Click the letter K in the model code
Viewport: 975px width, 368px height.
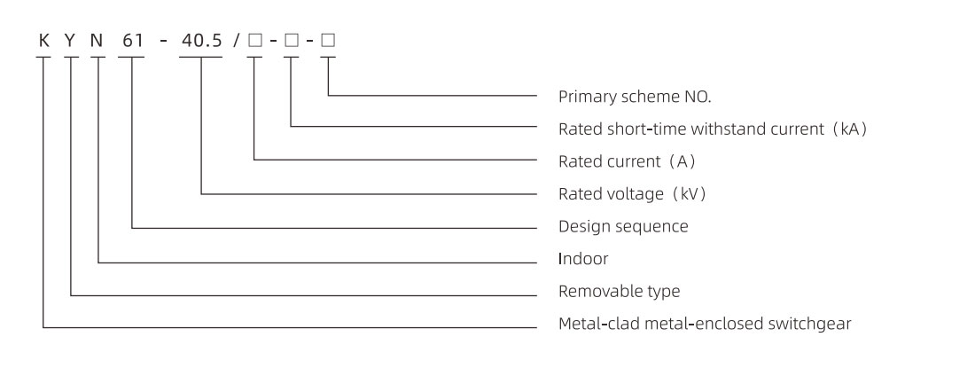(x=43, y=41)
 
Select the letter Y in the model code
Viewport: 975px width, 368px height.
(x=70, y=41)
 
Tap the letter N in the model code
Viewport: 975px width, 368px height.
(x=97, y=41)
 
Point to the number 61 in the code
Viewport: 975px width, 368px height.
(x=132, y=41)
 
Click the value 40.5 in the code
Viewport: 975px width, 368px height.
(x=201, y=41)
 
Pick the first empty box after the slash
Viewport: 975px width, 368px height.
(x=255, y=41)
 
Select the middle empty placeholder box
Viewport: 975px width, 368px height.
(x=292, y=41)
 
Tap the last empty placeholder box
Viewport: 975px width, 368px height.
(x=328, y=41)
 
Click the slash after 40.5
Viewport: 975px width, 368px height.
(x=237, y=41)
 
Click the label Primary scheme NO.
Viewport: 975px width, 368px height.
(x=635, y=97)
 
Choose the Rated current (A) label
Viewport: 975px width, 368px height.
(x=627, y=161)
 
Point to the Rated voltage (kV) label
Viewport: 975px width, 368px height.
(x=633, y=194)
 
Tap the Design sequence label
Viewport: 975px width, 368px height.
(x=623, y=226)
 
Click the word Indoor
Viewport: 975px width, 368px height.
(x=583, y=259)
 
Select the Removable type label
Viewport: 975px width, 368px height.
(x=620, y=291)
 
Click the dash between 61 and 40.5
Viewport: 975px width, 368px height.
(x=163, y=42)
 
